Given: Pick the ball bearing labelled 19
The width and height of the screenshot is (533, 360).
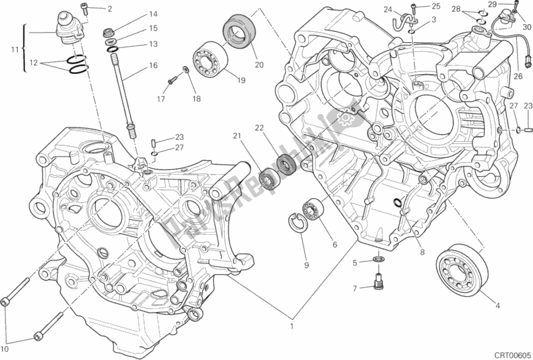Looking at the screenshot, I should tap(211, 58).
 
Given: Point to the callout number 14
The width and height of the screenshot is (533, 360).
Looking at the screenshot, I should tap(153, 13).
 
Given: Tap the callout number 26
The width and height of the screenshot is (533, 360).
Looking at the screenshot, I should tap(518, 76).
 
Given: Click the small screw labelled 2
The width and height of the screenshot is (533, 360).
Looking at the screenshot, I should tap(85, 8).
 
